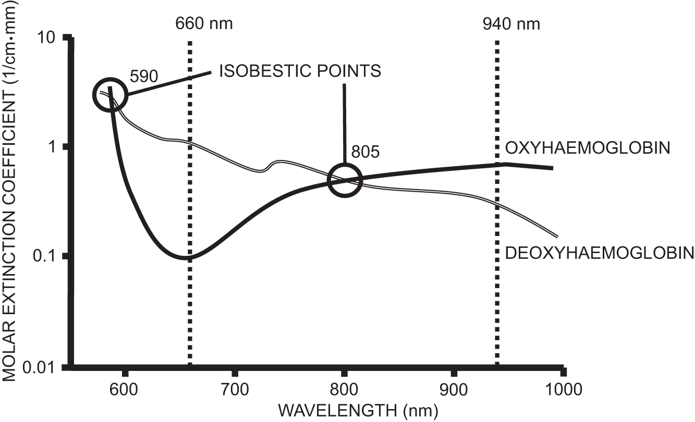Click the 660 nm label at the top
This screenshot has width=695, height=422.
204,24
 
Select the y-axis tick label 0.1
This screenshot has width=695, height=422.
44,256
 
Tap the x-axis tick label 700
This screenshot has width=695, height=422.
235,388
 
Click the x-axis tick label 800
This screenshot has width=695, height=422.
344,388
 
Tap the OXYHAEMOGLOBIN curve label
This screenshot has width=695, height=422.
587,148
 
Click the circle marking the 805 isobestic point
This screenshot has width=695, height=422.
344,180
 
